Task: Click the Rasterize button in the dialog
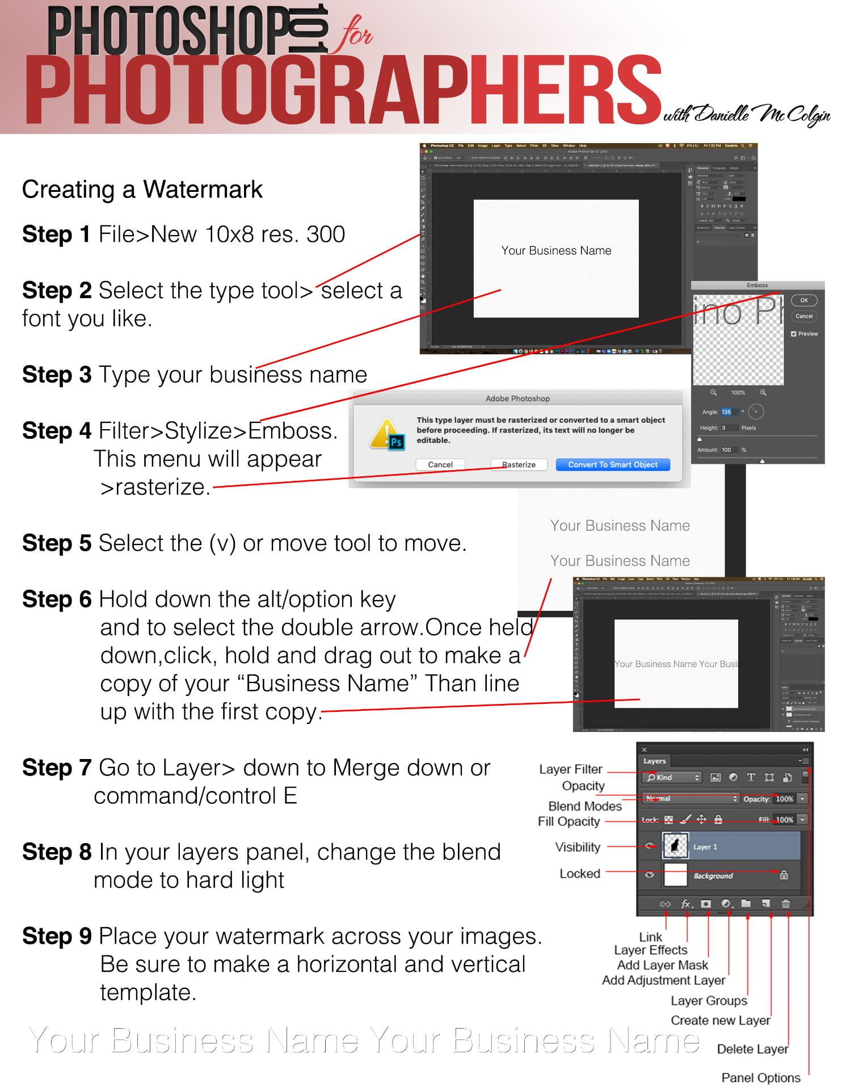click(x=519, y=464)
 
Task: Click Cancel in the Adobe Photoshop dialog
click(x=440, y=464)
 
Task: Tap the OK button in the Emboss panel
click(x=803, y=300)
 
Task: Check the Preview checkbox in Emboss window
click(x=794, y=334)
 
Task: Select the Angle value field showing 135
click(x=729, y=412)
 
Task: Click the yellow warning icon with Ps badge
click(x=388, y=434)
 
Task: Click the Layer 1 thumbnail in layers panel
click(x=675, y=846)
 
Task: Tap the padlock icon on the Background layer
click(x=784, y=875)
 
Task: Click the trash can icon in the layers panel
click(x=786, y=903)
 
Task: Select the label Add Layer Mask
click(x=662, y=965)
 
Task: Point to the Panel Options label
click(x=760, y=1078)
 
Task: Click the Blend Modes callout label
click(x=584, y=806)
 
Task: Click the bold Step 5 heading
click(x=56, y=543)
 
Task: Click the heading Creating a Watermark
click(x=142, y=190)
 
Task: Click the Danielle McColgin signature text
click(x=747, y=115)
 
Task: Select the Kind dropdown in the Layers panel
click(x=673, y=777)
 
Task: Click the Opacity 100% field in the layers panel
click(x=784, y=799)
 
